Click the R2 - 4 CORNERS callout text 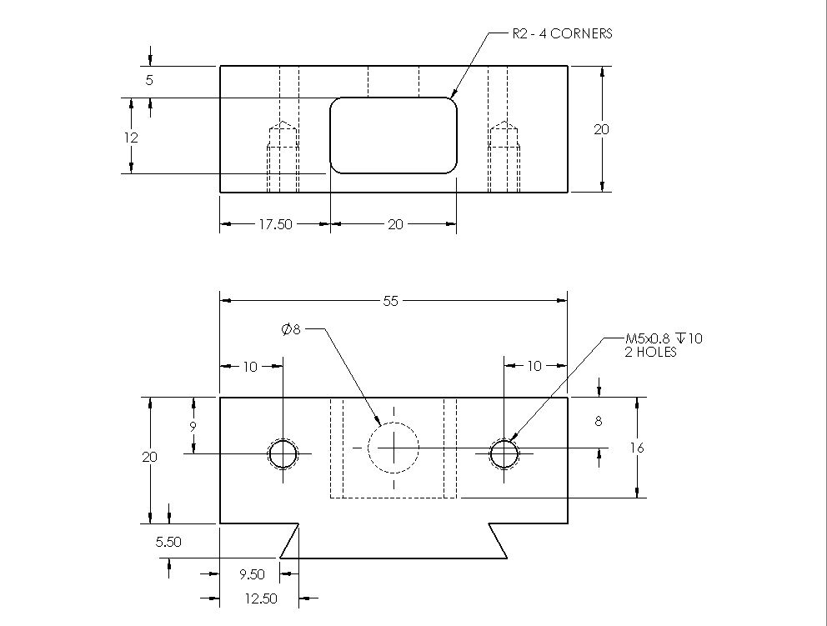pos(562,34)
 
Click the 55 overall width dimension pos(391,302)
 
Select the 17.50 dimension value pos(275,224)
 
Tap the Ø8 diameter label pos(291,330)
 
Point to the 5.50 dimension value pos(169,542)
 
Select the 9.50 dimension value pos(251,574)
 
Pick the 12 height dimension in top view pos(130,137)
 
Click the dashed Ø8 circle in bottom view pos(393,448)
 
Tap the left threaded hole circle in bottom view pos(283,454)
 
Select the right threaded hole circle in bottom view pos(504,454)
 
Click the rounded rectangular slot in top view pos(393,135)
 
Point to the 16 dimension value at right pos(637,448)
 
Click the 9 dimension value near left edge pos(193,426)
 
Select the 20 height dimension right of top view pos(601,129)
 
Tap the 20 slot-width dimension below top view pos(395,224)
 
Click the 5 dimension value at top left pos(149,81)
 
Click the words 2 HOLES pos(651,352)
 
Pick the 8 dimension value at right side pos(598,422)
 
